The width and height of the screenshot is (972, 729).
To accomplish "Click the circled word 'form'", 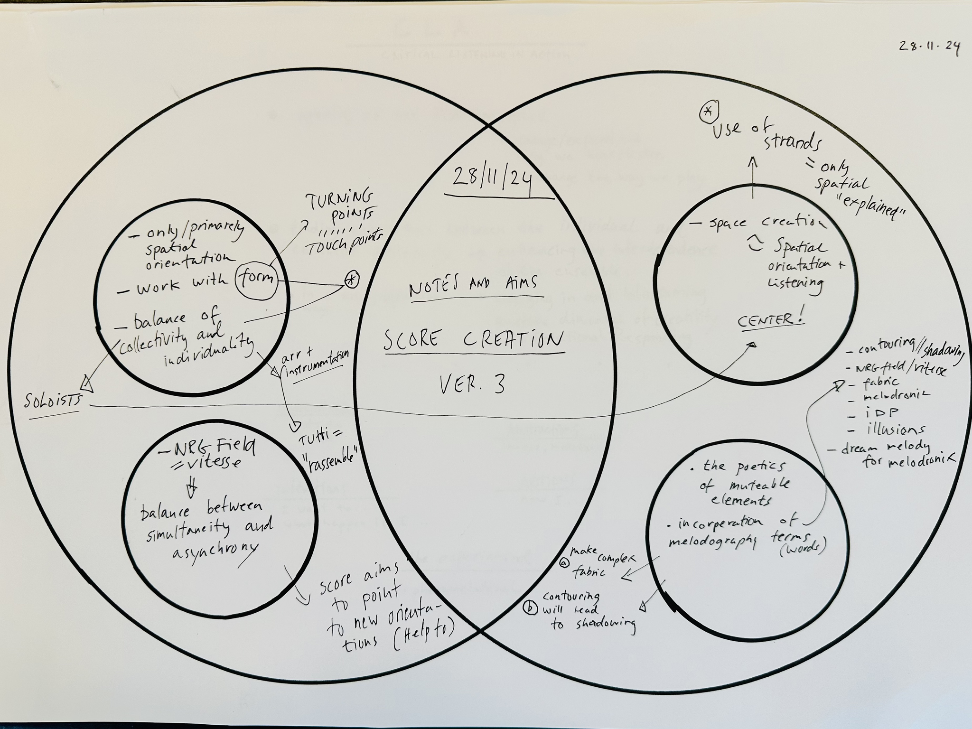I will pos(256,278).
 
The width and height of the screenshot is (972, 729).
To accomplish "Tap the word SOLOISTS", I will pos(53,400).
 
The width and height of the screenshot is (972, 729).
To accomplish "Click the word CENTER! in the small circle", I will pos(771,319).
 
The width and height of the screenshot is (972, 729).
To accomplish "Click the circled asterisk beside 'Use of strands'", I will pos(708,111).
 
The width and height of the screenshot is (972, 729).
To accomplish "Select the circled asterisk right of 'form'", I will pos(351,280).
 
